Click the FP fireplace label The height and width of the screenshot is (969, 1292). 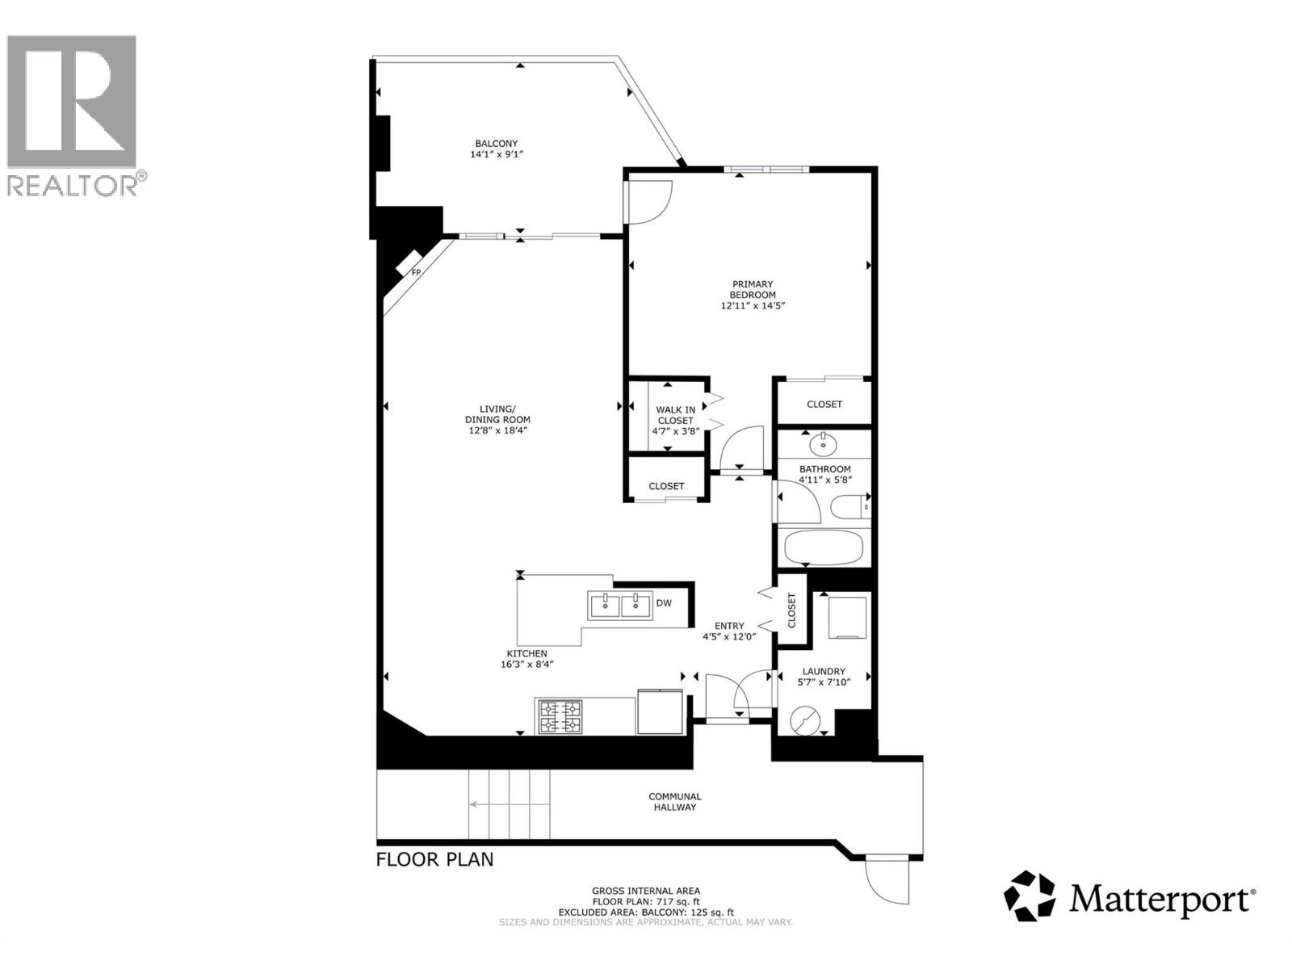tap(417, 272)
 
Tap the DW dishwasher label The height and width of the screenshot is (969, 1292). tap(664, 603)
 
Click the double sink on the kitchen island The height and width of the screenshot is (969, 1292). tap(620, 605)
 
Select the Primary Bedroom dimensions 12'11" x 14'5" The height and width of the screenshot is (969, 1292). tap(753, 306)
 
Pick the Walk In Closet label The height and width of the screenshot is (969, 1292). tap(675, 415)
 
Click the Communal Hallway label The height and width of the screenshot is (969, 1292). tap(675, 801)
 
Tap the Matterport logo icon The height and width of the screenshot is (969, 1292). tap(1030, 896)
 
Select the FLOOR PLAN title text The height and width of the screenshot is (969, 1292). tap(434, 859)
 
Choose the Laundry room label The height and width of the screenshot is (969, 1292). tap(824, 671)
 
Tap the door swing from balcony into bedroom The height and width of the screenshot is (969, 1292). tap(650, 202)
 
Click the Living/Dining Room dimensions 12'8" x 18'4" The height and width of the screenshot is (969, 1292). tap(497, 430)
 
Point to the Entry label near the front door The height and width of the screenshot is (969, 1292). tap(728, 626)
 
